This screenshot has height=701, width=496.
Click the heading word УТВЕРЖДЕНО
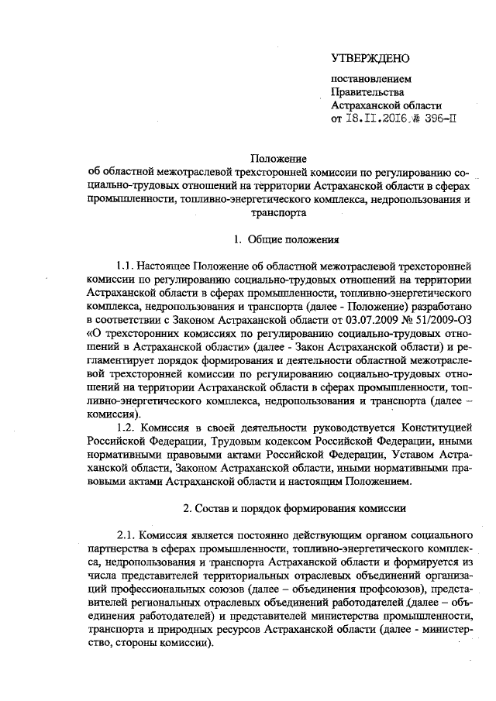pyautogui.click(x=369, y=59)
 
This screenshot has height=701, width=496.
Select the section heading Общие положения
pyautogui.click(x=291, y=240)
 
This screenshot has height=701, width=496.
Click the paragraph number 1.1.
pyautogui.click(x=126, y=267)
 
